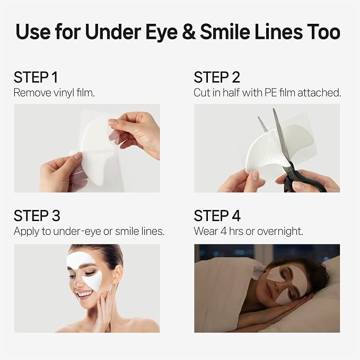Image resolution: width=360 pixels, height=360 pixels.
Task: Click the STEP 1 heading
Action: pos(36,77)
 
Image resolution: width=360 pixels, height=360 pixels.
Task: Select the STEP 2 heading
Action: pos(217,77)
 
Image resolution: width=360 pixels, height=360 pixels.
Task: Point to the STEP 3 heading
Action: pos(37,216)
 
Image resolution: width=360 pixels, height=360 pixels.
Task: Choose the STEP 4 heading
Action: pos(217,216)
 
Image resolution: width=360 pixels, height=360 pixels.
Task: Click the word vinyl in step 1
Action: pos(64,93)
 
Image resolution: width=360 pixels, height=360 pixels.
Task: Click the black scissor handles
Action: pos(301,180)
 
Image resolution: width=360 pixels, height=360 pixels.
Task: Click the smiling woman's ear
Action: pos(118,276)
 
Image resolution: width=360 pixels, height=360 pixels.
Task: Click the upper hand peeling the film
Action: pos(135,133)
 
